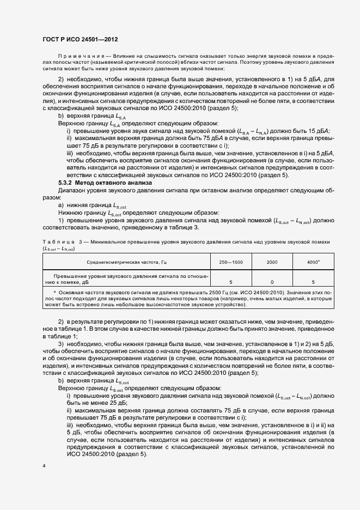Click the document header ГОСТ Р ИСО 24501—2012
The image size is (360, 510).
point(81,40)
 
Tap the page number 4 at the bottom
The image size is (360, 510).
point(45,466)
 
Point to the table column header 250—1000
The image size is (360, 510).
point(231,262)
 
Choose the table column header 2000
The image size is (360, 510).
point(272,262)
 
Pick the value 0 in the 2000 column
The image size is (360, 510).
point(272,282)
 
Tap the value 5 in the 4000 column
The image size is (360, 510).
point(313,282)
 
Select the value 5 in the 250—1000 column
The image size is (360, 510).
point(231,282)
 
